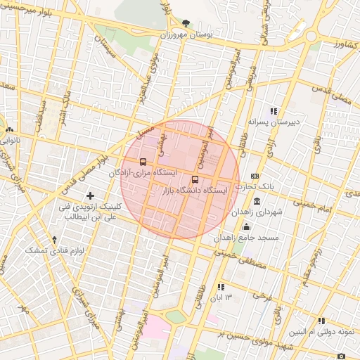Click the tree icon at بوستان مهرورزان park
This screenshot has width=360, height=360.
(x=185, y=22)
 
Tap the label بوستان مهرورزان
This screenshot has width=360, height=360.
(x=186, y=34)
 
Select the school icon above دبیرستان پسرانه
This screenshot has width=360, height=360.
(x=274, y=110)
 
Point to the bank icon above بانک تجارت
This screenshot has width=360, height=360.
(x=255, y=176)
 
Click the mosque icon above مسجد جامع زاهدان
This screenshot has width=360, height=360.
(x=246, y=227)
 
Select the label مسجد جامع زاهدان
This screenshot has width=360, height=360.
(x=247, y=238)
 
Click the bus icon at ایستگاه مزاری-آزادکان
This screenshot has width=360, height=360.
(x=143, y=162)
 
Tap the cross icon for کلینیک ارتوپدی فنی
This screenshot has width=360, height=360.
(x=89, y=195)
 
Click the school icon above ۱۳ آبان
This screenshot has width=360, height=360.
(x=221, y=287)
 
